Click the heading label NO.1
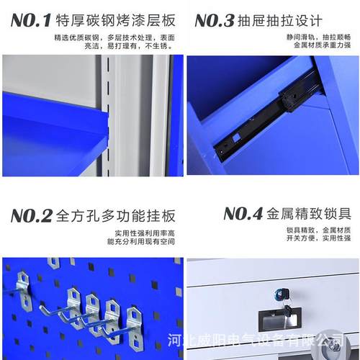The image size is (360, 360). [x=30, y=19]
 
